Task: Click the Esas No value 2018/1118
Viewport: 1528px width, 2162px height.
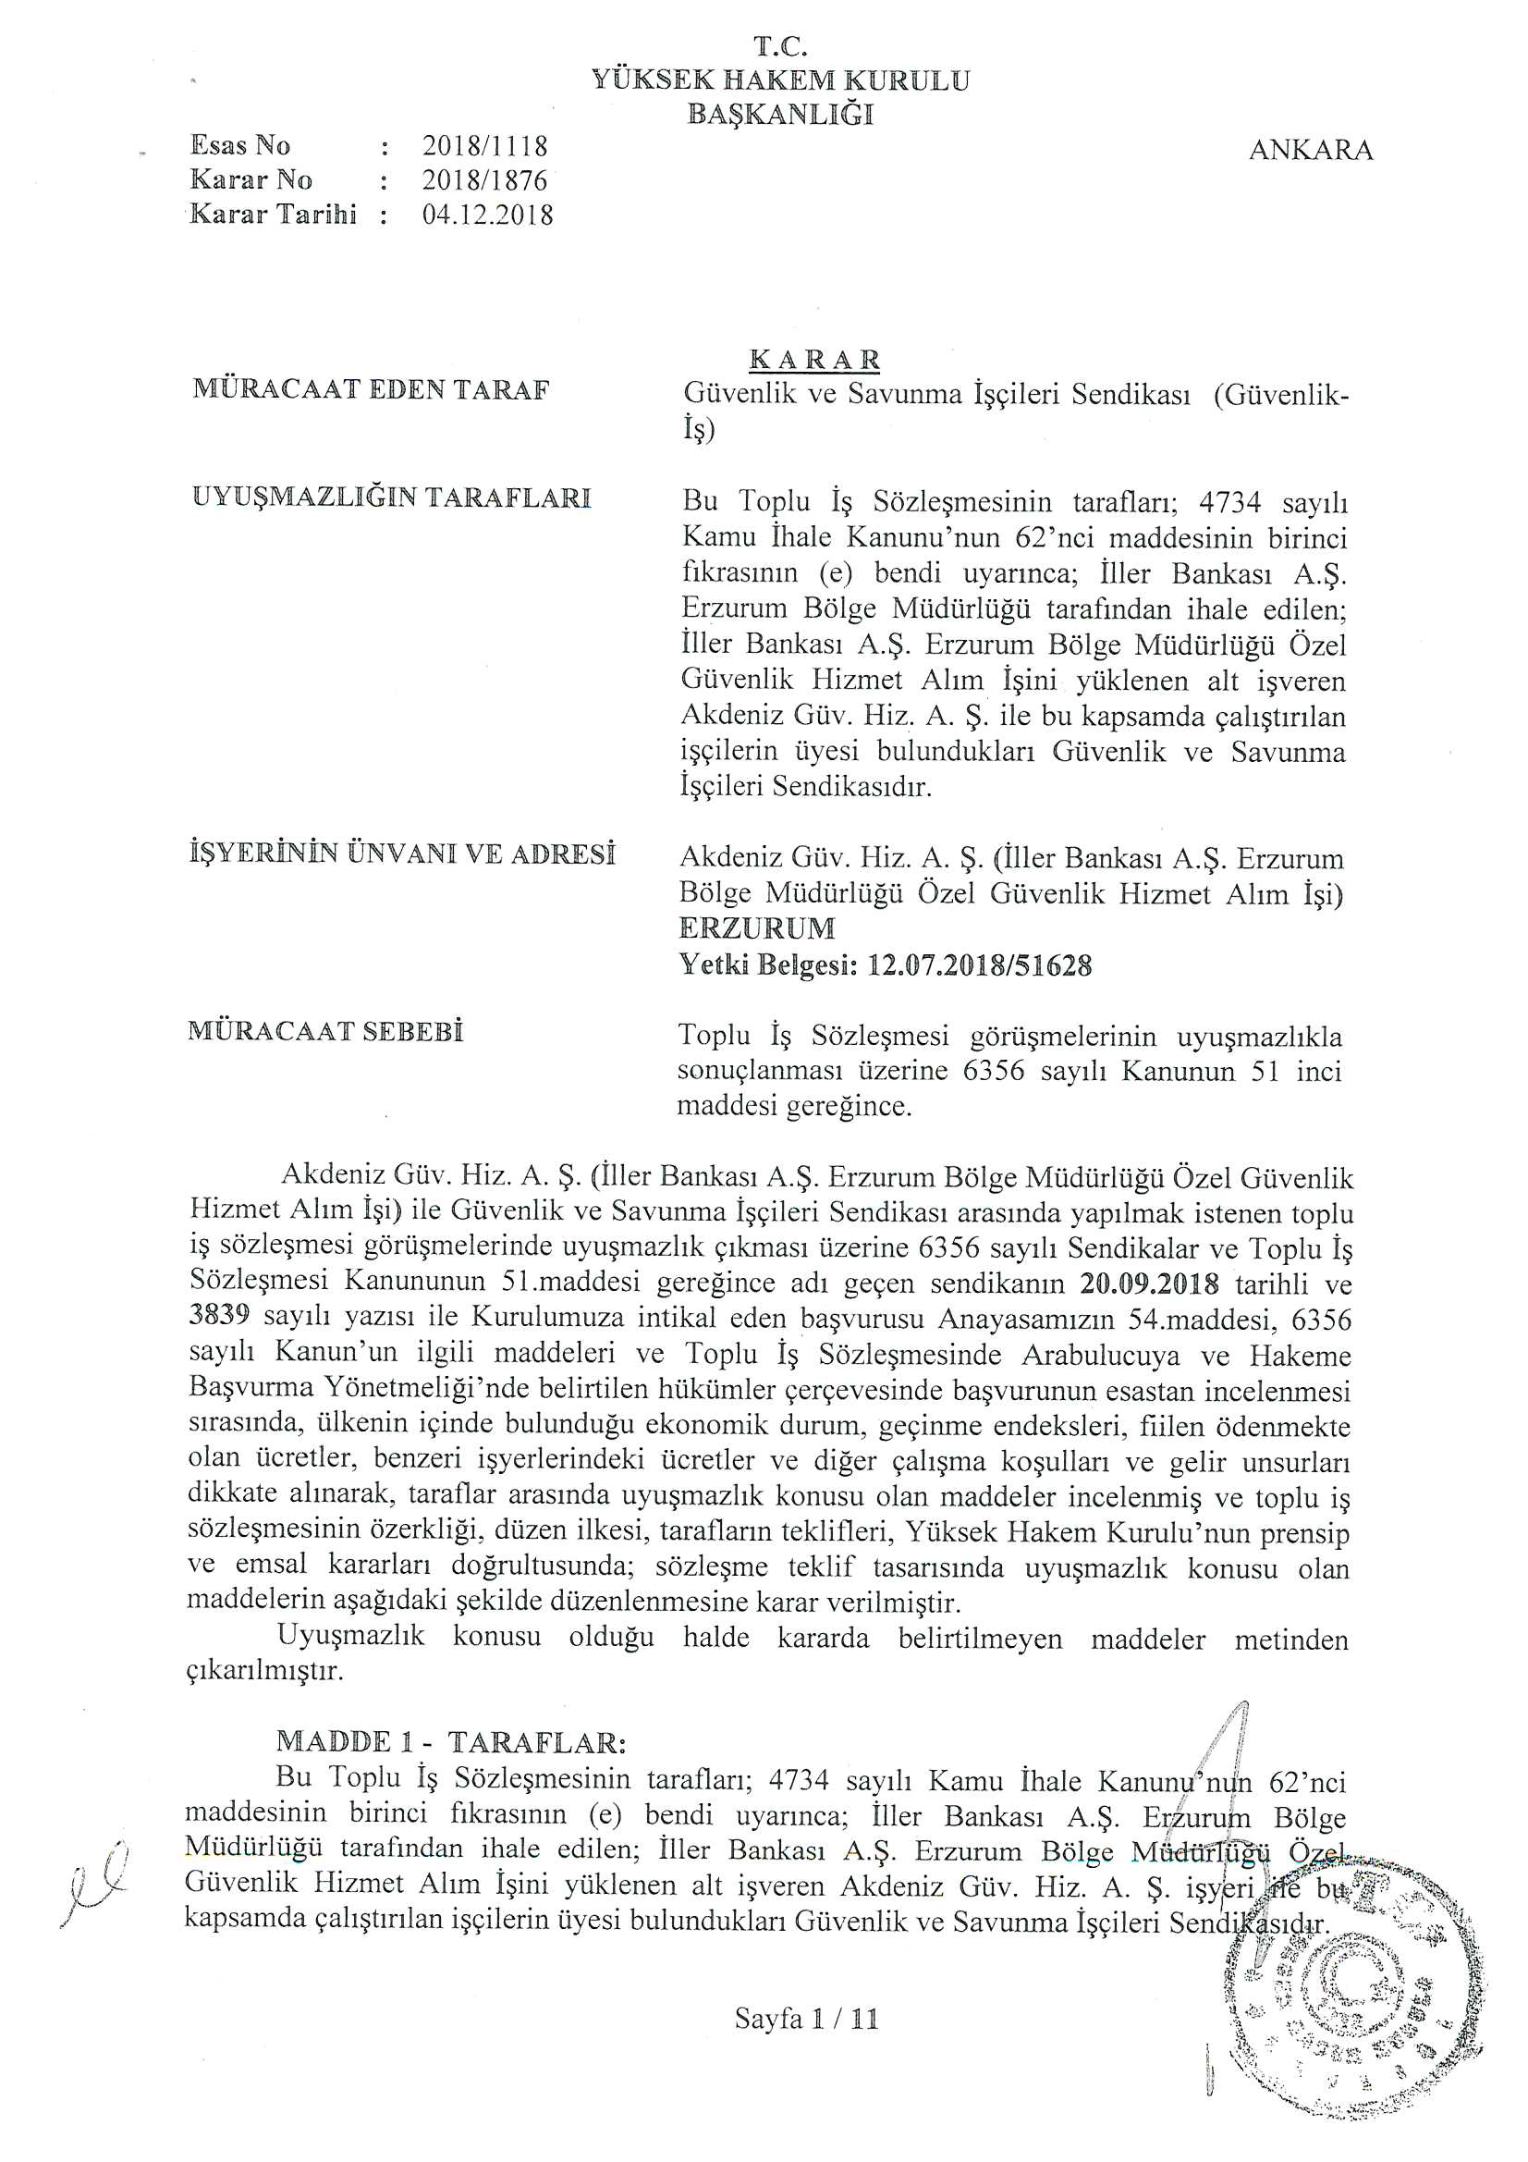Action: tap(484, 146)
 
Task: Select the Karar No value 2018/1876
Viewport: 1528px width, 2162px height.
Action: tap(484, 179)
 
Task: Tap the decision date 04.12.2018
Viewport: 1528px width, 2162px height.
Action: tap(487, 215)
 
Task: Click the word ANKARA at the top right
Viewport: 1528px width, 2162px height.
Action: tap(1310, 151)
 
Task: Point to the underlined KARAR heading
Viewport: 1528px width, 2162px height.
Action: tap(814, 360)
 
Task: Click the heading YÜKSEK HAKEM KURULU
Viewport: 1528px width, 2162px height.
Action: tap(780, 80)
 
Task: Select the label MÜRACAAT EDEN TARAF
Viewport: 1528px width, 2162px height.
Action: tap(371, 390)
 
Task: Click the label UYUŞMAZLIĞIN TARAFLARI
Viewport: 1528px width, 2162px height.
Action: tap(392, 498)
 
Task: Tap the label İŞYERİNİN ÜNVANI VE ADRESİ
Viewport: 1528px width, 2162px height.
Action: tap(402, 854)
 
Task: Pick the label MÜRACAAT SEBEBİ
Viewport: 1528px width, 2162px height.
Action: tap(325, 1031)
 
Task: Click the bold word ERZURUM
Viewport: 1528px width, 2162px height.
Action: tap(757, 928)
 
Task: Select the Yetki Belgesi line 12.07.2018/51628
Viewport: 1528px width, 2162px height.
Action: tap(885, 965)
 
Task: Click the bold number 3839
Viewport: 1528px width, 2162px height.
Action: tap(218, 1320)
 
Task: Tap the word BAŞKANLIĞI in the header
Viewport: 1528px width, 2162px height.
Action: tap(780, 115)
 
